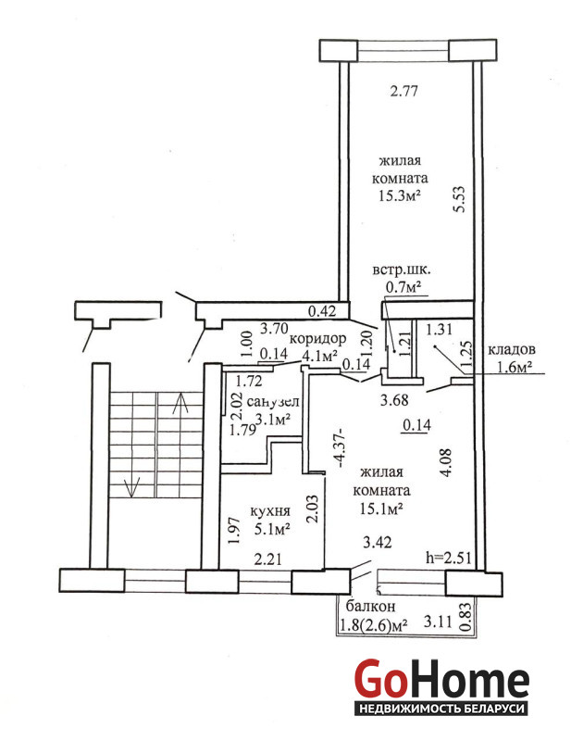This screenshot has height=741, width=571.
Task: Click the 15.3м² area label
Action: click(x=400, y=195)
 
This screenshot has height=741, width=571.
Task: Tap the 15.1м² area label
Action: click(x=381, y=509)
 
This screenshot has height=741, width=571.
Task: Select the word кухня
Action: click(x=269, y=511)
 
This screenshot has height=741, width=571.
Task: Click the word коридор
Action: click(x=317, y=339)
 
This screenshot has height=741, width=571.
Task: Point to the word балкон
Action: click(x=371, y=607)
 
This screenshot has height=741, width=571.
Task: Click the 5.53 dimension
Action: click(x=460, y=199)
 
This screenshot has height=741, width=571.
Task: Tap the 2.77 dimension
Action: click(x=404, y=91)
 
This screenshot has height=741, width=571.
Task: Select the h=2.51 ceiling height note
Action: click(x=449, y=558)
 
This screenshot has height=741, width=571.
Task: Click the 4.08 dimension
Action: click(x=446, y=462)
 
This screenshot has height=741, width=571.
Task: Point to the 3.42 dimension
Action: click(x=377, y=542)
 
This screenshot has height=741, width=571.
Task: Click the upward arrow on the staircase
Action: click(x=180, y=403)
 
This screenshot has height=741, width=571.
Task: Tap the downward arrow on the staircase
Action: click(x=131, y=486)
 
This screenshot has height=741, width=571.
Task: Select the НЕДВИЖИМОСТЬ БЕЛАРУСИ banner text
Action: click(x=441, y=709)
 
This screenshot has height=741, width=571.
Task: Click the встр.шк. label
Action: click(x=402, y=270)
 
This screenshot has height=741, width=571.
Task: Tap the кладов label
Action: click(x=512, y=350)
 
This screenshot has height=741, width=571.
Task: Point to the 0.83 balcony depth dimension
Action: click(x=465, y=616)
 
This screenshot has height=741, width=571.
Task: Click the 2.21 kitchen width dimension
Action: click(x=267, y=559)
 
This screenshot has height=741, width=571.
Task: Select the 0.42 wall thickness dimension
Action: click(x=322, y=311)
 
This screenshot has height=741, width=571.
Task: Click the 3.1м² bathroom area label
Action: click(x=272, y=419)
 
